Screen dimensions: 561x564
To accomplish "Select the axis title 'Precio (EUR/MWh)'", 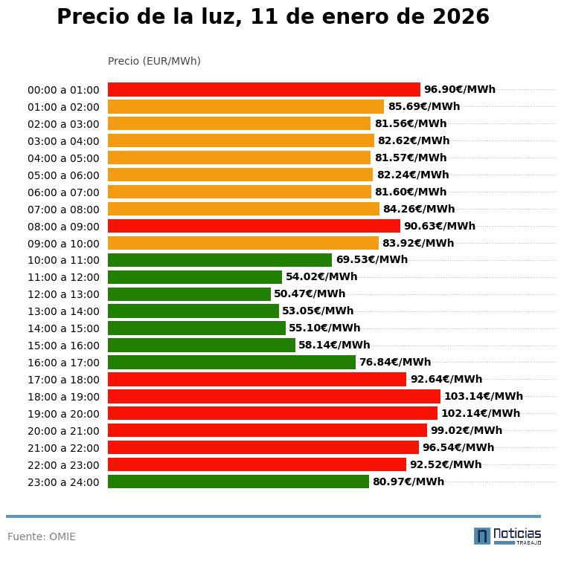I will click(x=154, y=61).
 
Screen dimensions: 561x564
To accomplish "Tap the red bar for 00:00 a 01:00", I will click(x=263, y=89).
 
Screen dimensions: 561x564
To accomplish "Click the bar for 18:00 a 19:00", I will click(x=274, y=396).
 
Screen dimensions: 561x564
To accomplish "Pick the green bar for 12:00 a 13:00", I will click(x=189, y=294).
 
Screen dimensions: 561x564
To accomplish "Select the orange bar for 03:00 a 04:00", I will click(x=240, y=140).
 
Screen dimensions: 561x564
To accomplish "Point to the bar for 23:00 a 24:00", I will click(x=238, y=481).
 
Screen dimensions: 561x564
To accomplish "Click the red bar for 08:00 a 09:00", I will click(x=254, y=226).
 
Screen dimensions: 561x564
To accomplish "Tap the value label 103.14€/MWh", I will click(x=483, y=396).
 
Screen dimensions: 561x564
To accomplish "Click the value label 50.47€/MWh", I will click(x=310, y=294).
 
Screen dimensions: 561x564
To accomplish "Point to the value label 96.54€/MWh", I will click(x=458, y=447).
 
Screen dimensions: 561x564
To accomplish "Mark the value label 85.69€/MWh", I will click(x=423, y=106).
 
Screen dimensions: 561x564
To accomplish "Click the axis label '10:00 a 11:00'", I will click(x=63, y=260).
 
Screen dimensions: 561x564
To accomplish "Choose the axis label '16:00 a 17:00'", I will click(x=63, y=363).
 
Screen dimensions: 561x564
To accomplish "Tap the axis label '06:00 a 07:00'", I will click(x=63, y=192).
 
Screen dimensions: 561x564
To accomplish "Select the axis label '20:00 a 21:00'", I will click(x=63, y=431).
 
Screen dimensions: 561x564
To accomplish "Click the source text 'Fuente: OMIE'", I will click(x=42, y=536).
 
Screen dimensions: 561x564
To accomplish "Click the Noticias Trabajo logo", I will click(x=507, y=536).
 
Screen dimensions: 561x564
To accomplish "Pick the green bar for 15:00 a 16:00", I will click(x=201, y=345).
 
